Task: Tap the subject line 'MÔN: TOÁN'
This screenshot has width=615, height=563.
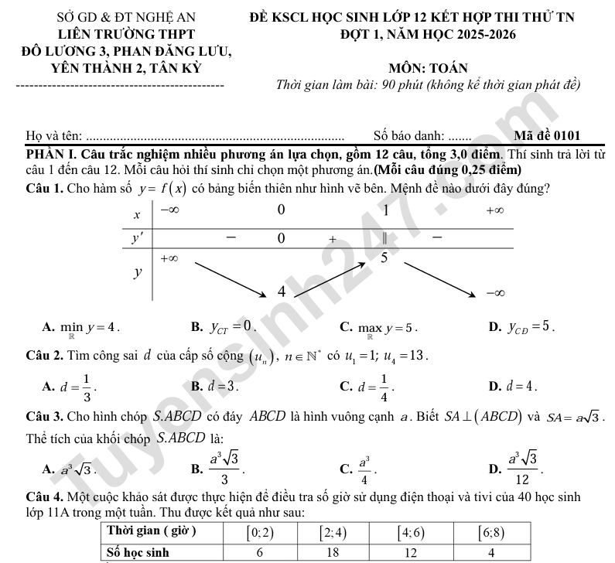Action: pos(430,68)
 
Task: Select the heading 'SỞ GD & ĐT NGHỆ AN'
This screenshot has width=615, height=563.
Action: pos(126,15)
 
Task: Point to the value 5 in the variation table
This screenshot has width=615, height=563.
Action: pos(384,257)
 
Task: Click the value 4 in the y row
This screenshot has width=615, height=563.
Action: pos(282,292)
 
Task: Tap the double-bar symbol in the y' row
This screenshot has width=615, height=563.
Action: pos(384,238)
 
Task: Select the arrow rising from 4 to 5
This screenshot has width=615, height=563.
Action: pos(332,278)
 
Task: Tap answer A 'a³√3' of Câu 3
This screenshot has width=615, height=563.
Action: pos(70,468)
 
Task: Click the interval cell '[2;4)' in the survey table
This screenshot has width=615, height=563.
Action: pos(332,533)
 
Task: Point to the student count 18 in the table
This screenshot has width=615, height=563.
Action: pos(332,552)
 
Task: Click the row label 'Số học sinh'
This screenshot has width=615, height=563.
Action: pos(138,552)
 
